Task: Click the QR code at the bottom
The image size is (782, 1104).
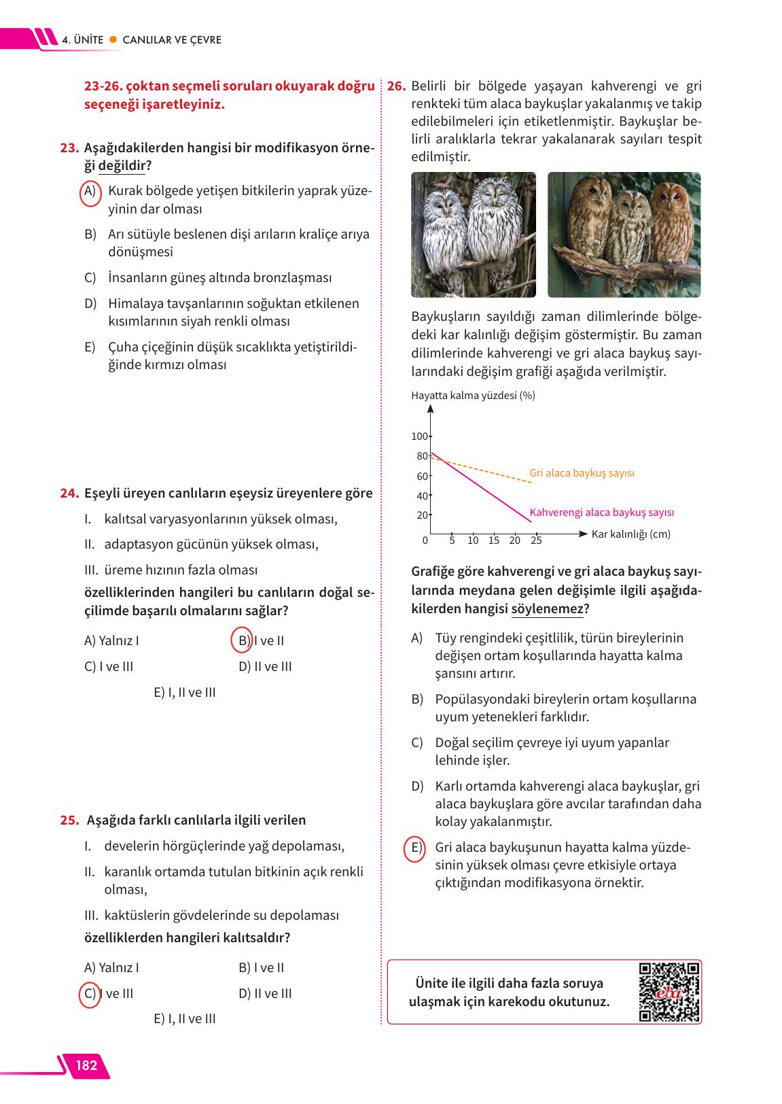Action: point(669,992)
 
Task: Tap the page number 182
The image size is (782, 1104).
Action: point(86,1065)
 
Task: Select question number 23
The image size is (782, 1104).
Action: point(69,148)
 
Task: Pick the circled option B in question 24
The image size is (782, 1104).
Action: point(242,640)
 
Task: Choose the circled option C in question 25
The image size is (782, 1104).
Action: point(89,993)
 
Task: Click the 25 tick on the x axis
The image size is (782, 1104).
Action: point(536,540)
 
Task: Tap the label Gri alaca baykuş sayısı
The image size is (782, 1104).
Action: point(582,472)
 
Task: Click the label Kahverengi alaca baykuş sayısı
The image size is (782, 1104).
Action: point(601,513)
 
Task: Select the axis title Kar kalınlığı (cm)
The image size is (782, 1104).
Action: point(630,534)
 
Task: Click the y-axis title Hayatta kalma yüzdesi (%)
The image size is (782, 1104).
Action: point(473,395)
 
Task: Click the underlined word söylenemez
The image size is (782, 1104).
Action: point(547,608)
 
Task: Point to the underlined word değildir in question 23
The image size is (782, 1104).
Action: point(122,165)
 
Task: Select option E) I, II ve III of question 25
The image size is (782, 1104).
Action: point(185,1018)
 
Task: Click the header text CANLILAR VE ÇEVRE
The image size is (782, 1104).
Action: point(172,39)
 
